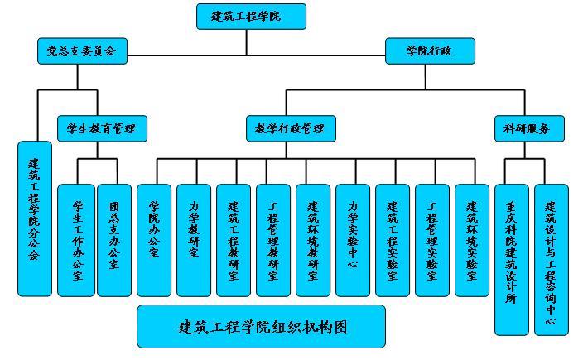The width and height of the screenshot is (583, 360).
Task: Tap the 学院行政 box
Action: (x=430, y=51)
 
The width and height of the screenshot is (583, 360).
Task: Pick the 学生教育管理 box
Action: (x=102, y=128)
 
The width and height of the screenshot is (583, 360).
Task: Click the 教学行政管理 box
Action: (x=290, y=128)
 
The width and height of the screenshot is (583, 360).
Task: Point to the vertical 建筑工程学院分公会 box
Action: (x=34, y=218)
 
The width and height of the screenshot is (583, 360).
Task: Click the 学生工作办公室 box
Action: (x=76, y=240)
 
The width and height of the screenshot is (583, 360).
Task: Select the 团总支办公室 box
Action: (x=114, y=240)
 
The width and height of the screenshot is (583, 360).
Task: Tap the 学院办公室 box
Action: (x=154, y=240)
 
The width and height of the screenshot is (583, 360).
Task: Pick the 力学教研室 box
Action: (x=194, y=240)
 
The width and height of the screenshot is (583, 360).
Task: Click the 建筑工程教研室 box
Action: (x=234, y=240)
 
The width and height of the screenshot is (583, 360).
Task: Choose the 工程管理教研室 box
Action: (x=273, y=240)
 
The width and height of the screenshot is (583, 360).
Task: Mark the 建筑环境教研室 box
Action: (x=313, y=240)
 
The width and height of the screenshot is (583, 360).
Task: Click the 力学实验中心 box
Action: (x=353, y=240)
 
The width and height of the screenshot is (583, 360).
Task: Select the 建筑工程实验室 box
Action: (x=393, y=240)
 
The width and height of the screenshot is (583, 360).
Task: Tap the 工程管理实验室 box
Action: (x=432, y=240)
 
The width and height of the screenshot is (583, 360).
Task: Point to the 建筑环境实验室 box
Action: (x=472, y=240)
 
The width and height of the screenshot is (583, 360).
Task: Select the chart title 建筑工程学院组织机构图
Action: (x=261, y=326)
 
